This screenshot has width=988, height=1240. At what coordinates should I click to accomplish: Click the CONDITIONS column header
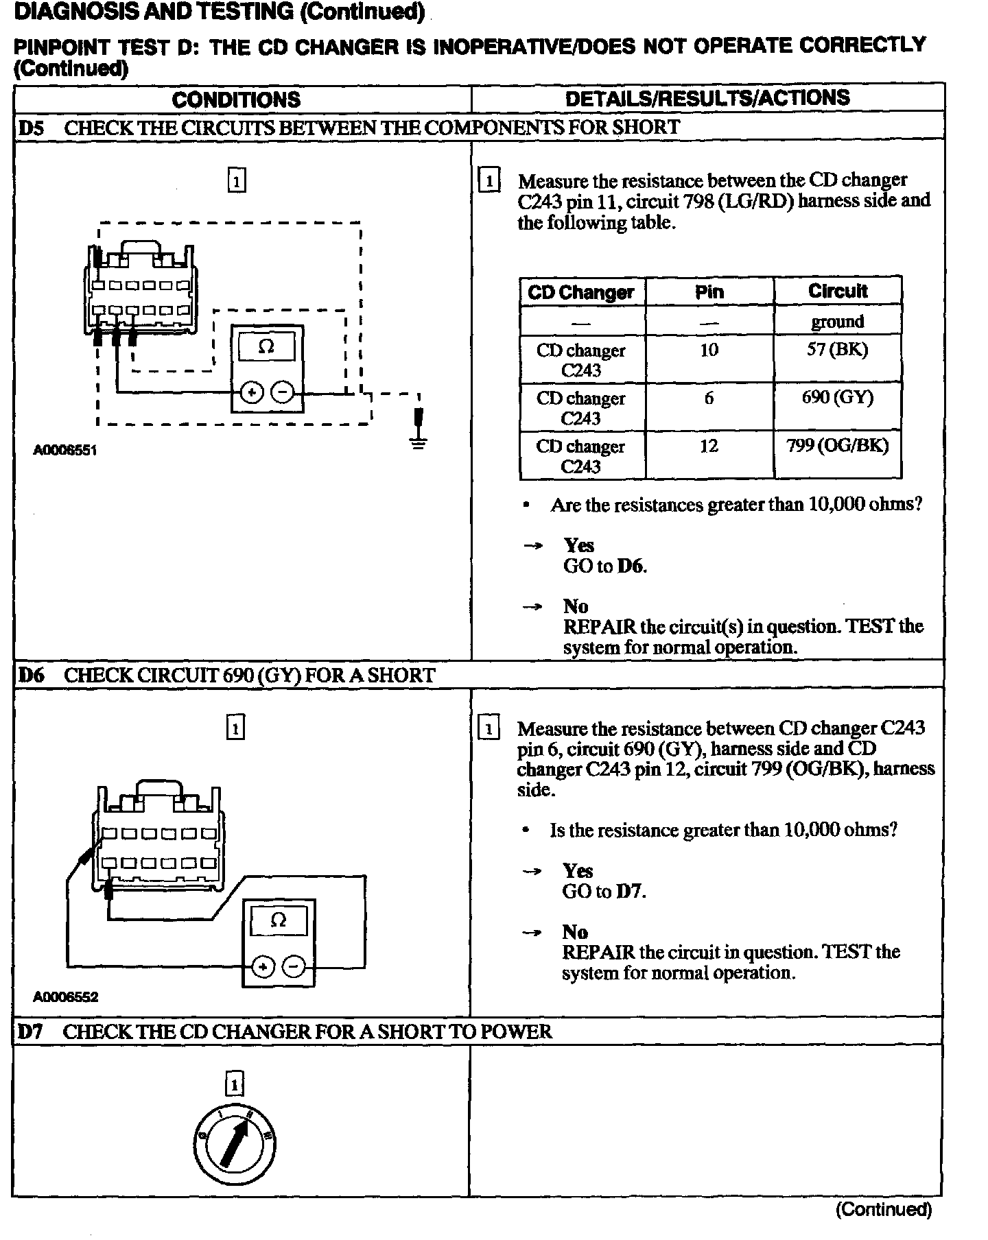(236, 99)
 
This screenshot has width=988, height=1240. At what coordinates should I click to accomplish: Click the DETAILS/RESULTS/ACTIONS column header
(707, 98)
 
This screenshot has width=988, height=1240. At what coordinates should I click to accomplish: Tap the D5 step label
(31, 128)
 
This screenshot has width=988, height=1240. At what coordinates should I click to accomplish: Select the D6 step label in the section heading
(31, 675)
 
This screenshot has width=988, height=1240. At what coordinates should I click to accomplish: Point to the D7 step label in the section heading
(31, 1032)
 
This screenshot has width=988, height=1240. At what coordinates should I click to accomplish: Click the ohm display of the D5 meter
(267, 347)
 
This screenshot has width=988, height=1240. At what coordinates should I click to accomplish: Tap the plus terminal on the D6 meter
(263, 967)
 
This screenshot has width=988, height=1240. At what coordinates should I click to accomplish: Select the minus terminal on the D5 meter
(283, 393)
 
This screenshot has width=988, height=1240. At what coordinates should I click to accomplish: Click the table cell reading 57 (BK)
(837, 350)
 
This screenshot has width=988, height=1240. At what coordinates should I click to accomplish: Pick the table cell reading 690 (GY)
(837, 398)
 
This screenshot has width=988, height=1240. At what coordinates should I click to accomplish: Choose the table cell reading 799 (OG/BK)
(837, 446)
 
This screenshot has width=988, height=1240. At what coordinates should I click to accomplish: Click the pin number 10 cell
(709, 350)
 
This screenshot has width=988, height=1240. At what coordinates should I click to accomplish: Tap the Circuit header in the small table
(837, 291)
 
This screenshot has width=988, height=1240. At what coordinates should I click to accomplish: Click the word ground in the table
(837, 322)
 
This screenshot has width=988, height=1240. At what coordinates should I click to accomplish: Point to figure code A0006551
(65, 451)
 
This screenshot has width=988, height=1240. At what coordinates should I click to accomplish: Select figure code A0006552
(65, 997)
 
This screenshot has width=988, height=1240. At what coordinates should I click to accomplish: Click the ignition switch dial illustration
(235, 1142)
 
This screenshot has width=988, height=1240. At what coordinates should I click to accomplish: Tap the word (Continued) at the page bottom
(884, 1209)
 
